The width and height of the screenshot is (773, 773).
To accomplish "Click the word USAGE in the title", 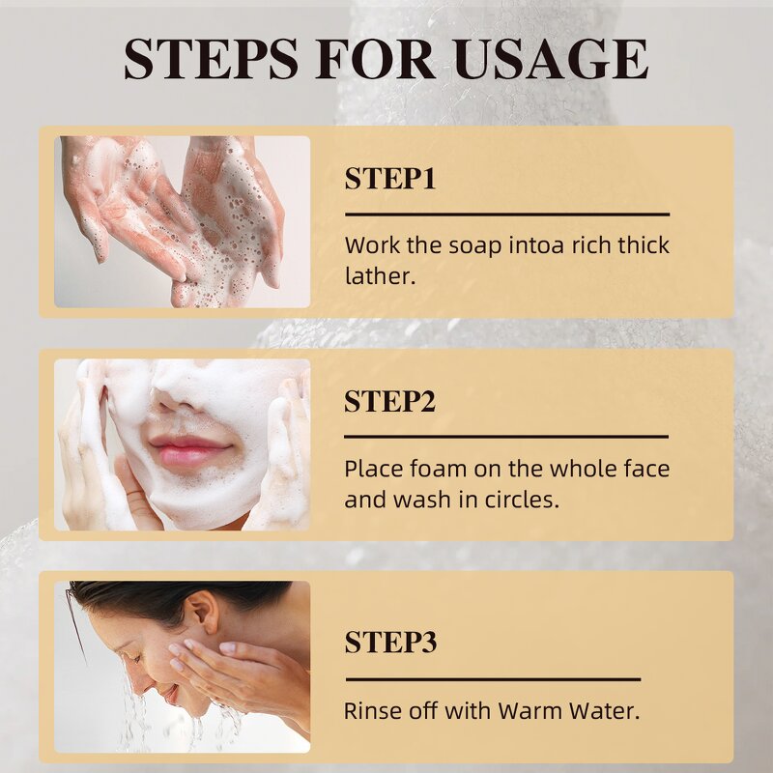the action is (x=551, y=59).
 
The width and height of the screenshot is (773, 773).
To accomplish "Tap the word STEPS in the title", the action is (x=211, y=59).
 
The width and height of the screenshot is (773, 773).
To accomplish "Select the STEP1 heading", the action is (x=390, y=179).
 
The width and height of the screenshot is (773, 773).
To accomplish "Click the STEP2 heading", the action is (x=390, y=401).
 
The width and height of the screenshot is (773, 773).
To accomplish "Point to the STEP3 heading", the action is (x=390, y=642).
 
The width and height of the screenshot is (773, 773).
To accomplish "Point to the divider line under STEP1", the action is (x=507, y=215).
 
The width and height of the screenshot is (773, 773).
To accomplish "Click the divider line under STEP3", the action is (x=493, y=679).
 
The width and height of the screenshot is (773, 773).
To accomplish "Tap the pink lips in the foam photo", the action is (x=189, y=450).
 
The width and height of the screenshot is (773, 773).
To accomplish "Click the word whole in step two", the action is (x=582, y=468).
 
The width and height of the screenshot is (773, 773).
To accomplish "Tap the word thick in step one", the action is (x=644, y=245).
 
